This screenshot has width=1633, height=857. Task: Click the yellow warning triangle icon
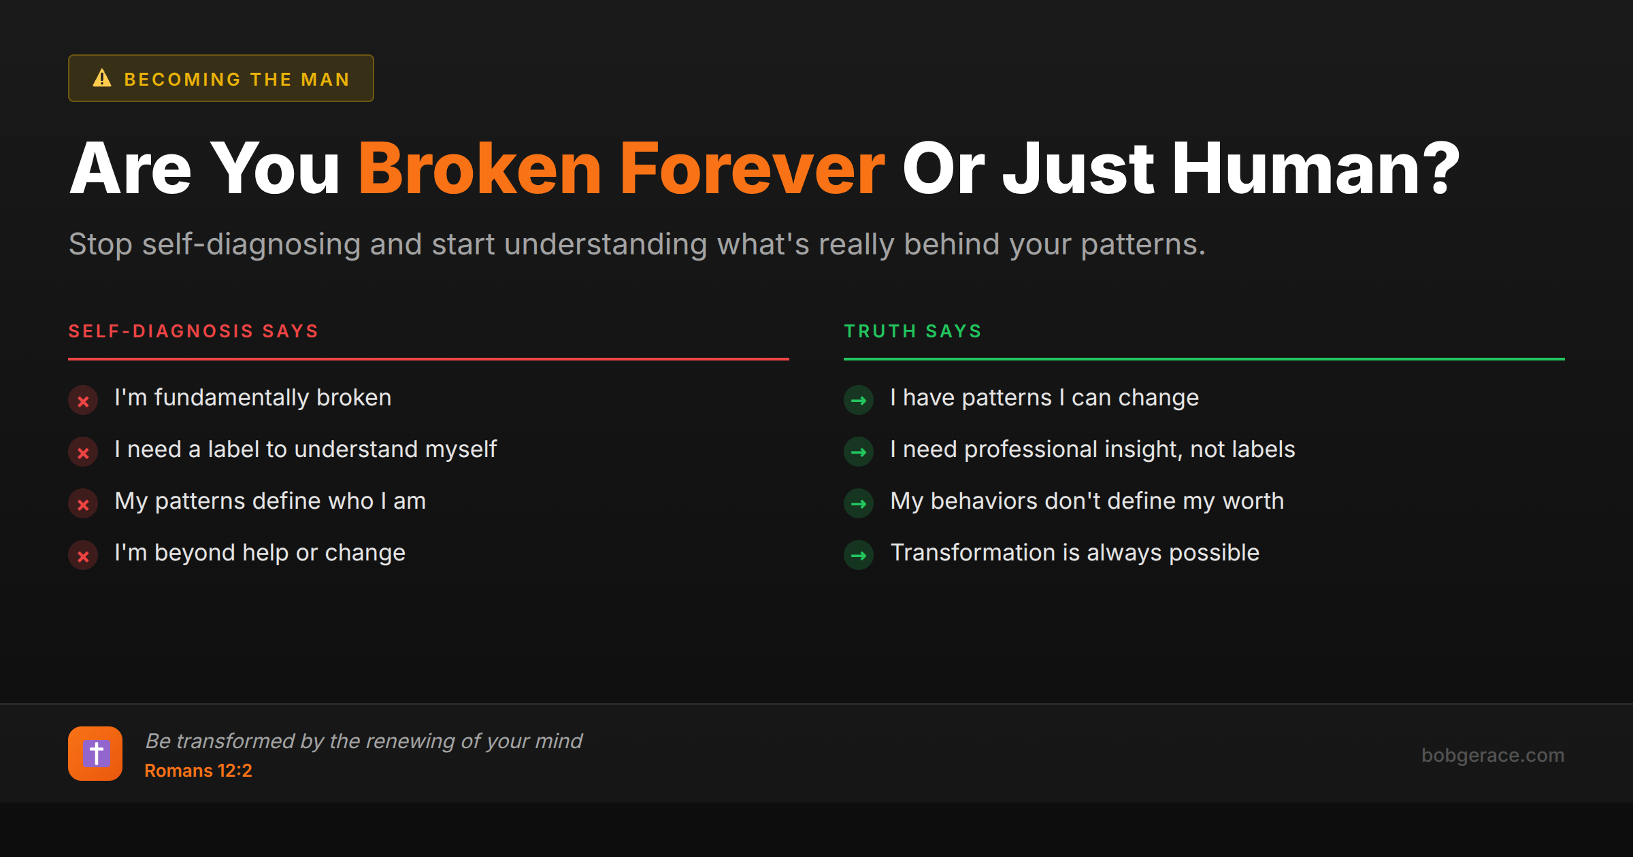(x=102, y=78)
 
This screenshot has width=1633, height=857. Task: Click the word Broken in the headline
(x=480, y=169)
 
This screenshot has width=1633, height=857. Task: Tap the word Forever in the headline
(x=752, y=169)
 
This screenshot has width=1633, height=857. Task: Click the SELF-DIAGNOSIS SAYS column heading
(x=193, y=331)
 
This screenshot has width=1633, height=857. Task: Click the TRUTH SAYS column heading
(x=913, y=331)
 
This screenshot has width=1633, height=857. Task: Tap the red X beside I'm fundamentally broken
(x=83, y=401)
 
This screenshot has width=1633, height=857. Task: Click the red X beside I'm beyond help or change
(x=83, y=556)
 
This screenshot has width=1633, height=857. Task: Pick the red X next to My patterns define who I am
(x=83, y=505)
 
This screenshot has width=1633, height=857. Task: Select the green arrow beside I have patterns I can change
(x=859, y=401)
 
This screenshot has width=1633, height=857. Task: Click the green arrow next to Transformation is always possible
(x=859, y=556)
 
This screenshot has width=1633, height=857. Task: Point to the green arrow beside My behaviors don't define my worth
(x=859, y=504)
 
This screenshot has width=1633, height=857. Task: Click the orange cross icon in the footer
(x=95, y=754)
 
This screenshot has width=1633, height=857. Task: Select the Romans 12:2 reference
(x=198, y=771)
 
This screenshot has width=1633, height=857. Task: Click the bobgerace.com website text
(x=1492, y=755)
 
